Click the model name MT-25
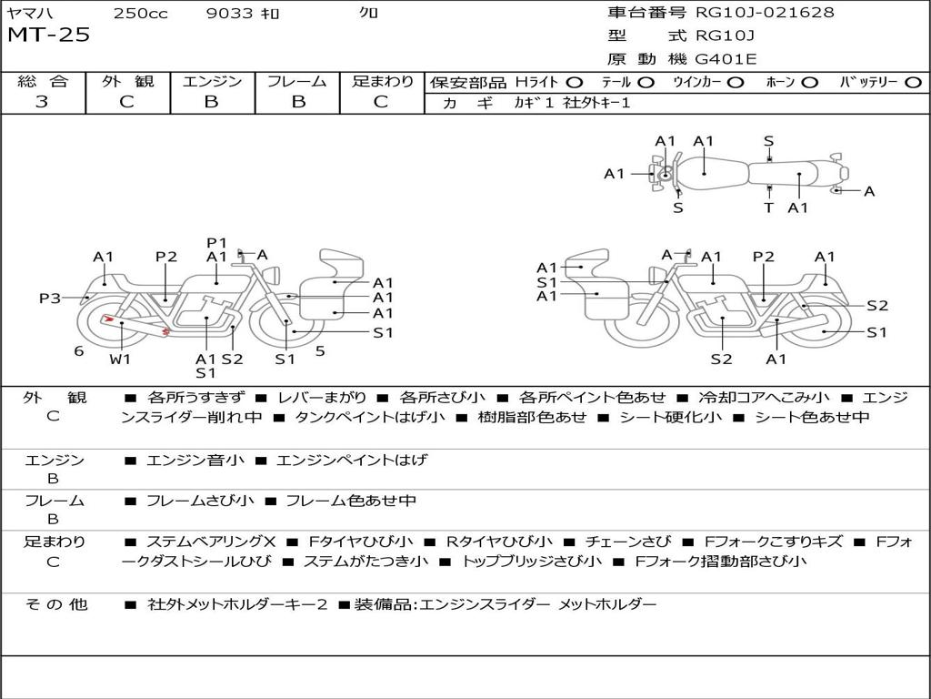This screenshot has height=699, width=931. [x=49, y=36]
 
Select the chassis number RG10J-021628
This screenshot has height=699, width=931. [x=765, y=13]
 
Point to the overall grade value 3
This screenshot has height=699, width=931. [x=42, y=102]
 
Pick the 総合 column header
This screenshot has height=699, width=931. [x=43, y=81]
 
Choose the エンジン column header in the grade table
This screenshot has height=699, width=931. [x=212, y=81]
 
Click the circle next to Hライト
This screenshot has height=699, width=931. [x=575, y=82]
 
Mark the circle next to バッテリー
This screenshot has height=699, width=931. [x=913, y=82]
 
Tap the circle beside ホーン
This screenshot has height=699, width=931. [x=810, y=82]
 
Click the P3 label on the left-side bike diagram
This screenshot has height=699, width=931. [x=50, y=298]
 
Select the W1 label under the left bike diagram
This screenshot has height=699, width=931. [x=120, y=359]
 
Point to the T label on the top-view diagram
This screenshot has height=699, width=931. [x=768, y=208]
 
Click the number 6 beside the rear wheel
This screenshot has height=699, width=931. [x=79, y=350]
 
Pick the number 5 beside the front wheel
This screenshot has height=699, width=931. [x=320, y=350]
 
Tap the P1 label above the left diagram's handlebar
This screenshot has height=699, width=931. [x=216, y=242]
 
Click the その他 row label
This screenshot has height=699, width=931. [x=55, y=604]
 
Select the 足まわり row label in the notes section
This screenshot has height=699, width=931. [x=55, y=542]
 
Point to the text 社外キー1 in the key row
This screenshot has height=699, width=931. [x=596, y=103]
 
